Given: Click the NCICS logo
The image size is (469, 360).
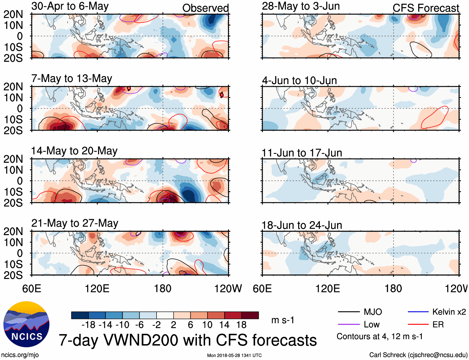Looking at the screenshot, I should tap(26, 324).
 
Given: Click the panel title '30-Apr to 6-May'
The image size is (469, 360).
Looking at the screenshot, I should tap(70, 6).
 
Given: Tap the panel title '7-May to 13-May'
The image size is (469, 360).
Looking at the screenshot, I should tap(71, 79).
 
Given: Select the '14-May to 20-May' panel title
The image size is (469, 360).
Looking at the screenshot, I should tap(74, 151).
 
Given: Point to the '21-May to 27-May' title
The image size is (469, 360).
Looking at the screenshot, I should tap(75, 224).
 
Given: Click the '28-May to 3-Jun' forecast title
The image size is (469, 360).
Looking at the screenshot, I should tap(301, 6).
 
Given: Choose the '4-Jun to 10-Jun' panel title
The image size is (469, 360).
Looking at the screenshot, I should tap(299, 81).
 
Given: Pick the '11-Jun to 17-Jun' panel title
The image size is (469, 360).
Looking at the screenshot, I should tap(302, 153).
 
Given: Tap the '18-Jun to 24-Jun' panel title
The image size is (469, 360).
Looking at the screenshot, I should tap(302, 225).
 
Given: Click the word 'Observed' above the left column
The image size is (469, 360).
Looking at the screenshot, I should tap(205, 8).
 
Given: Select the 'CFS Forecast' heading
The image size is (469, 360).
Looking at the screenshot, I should tap(426, 8).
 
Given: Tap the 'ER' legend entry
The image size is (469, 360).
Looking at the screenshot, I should tap(438, 325).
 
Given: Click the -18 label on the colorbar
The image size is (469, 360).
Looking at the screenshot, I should tap(89, 325).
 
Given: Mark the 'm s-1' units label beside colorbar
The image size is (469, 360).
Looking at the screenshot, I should tap(283, 320).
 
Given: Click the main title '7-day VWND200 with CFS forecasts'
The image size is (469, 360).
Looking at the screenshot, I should tap(188, 340).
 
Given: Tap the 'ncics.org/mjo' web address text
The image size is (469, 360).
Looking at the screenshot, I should tap(20, 355).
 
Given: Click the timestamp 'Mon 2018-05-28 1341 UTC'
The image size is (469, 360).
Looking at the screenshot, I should tap(234, 355).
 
